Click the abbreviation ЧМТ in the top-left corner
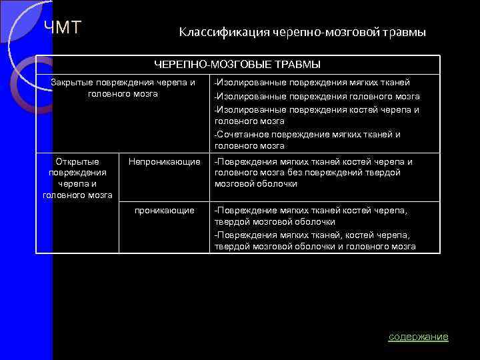[63, 27]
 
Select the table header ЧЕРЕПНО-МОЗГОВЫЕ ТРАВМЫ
[237, 65]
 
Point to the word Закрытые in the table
[72, 83]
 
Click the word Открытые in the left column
[78, 161]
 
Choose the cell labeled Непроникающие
[164, 161]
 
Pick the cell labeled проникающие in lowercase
[164, 210]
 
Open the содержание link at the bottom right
[418, 337]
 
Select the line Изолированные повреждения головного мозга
[317, 96]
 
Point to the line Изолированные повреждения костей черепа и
[317, 109]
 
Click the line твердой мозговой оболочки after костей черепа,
[275, 221]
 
